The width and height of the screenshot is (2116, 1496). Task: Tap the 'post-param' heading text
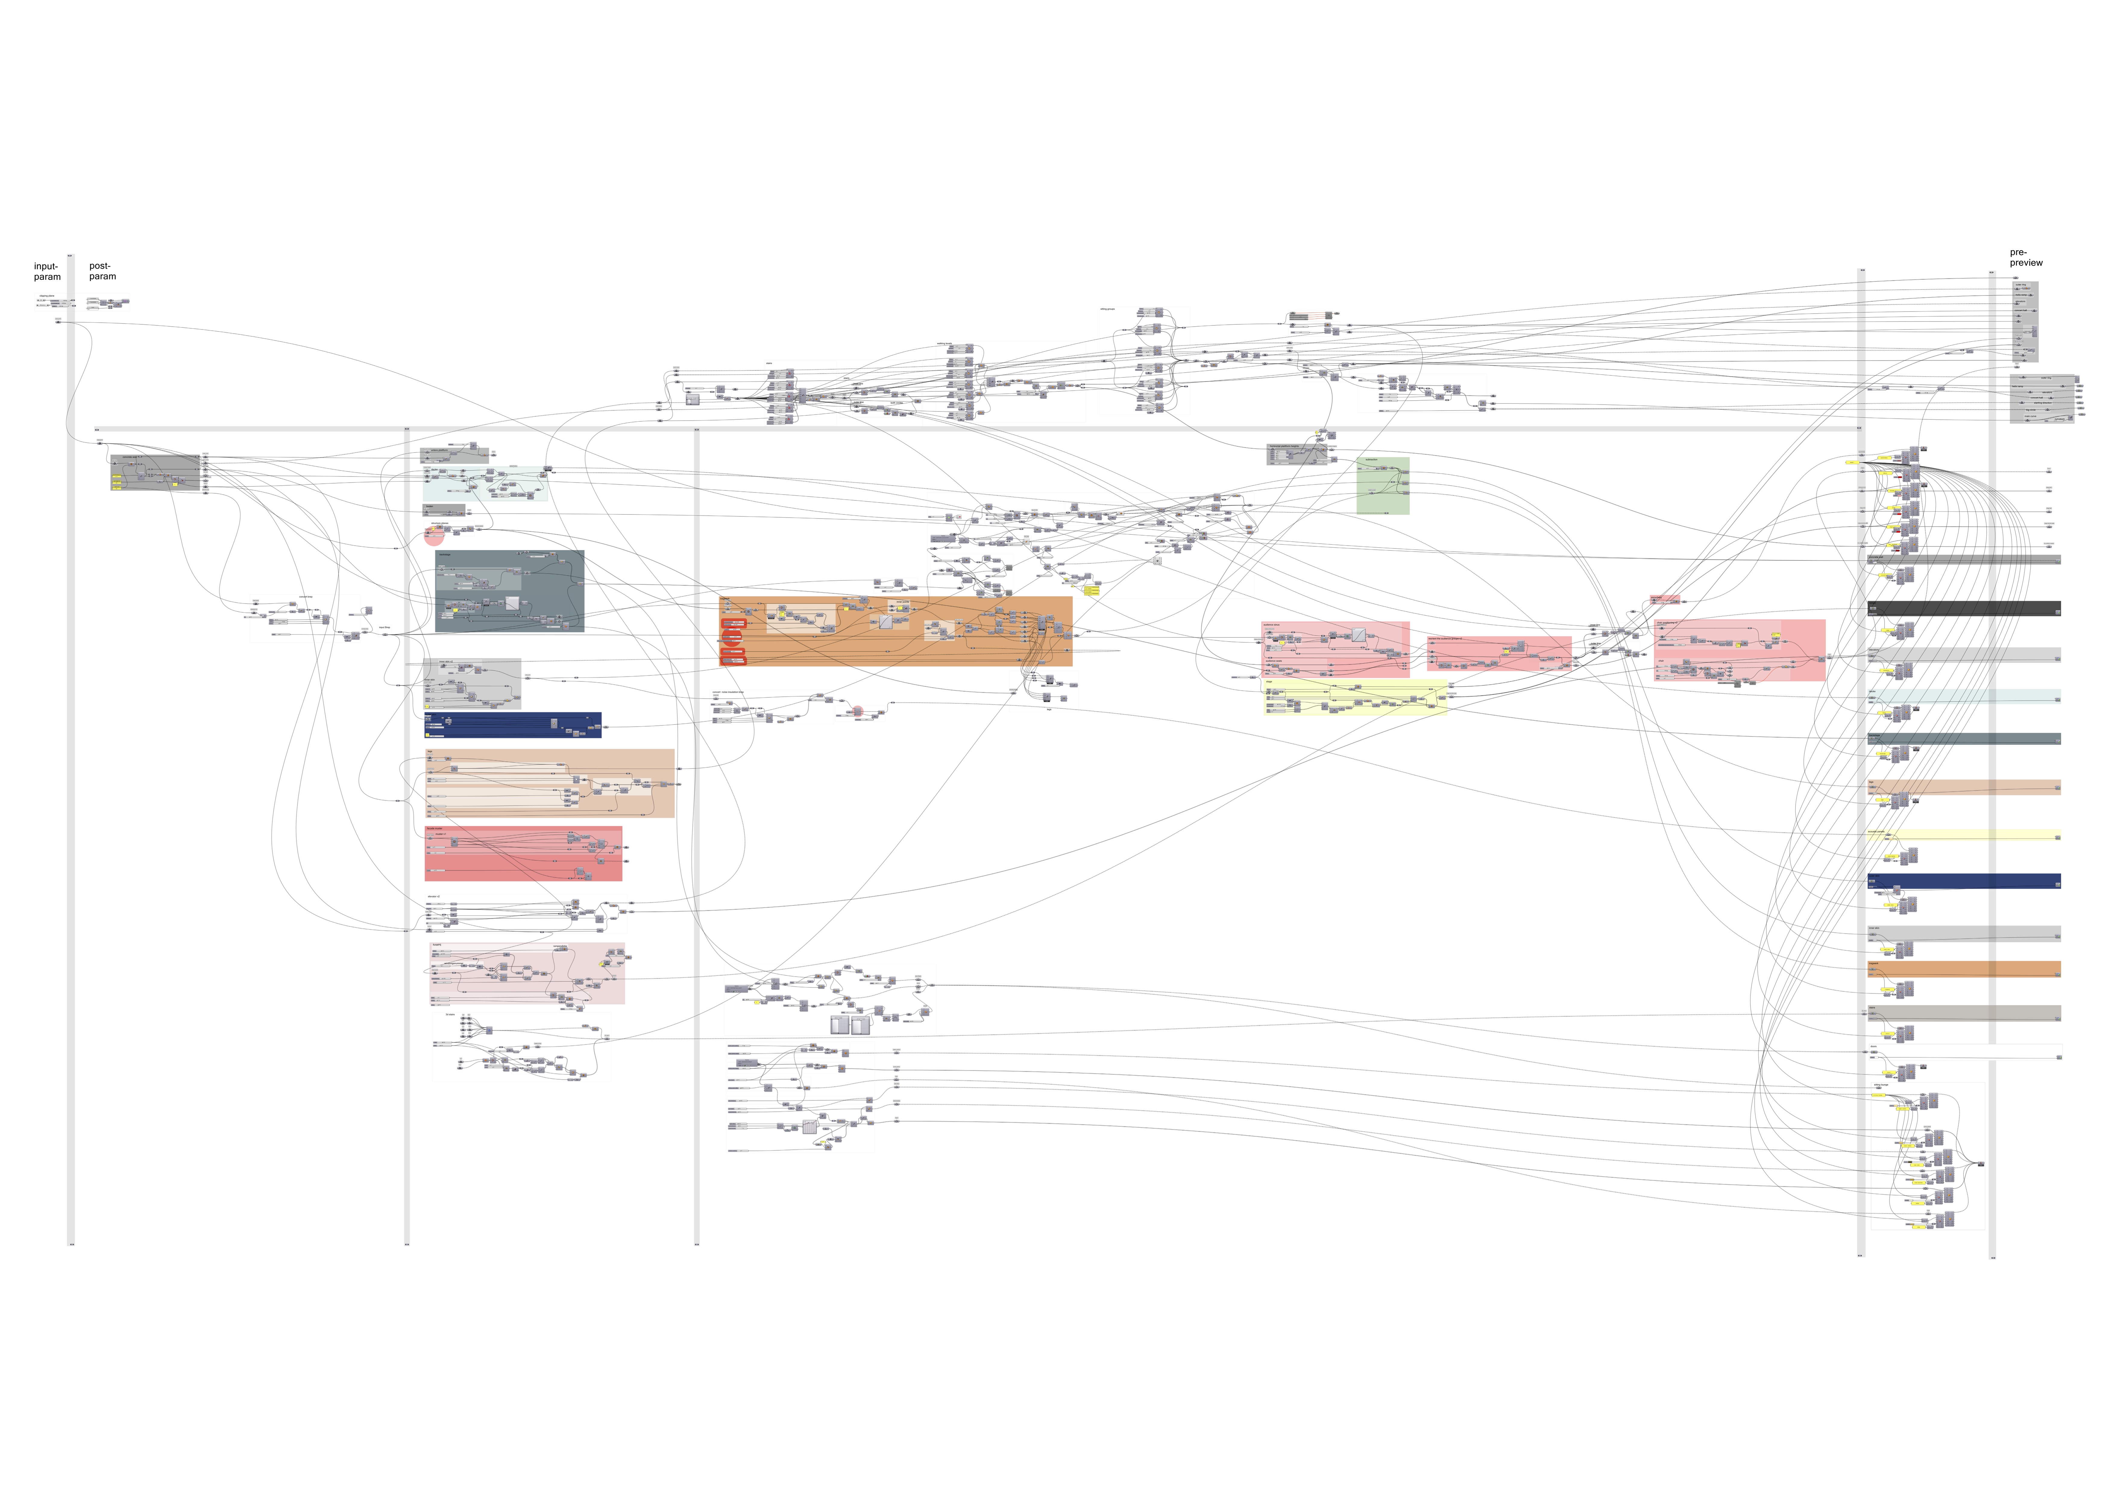coord(102,271)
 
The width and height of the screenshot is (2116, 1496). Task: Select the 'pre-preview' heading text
coord(2026,257)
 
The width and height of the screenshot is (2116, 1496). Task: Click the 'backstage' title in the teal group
coord(445,555)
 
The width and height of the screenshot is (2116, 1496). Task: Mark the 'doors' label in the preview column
coord(1874,1047)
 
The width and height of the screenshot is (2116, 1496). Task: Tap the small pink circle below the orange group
coord(857,711)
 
